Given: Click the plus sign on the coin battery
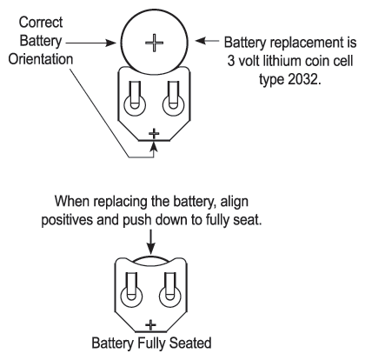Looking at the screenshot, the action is [x=154, y=43].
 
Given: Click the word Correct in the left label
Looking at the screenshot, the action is [x=41, y=23].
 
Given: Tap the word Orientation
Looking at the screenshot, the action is [x=41, y=59].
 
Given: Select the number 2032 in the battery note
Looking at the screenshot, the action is [x=304, y=79].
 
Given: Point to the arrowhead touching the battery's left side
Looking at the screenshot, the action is [x=111, y=43].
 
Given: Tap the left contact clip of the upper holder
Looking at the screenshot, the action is [x=135, y=98].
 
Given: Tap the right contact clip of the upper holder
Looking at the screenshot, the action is [x=173, y=98].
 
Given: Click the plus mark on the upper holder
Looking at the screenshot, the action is [x=154, y=133].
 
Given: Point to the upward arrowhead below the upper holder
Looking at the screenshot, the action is [x=154, y=146].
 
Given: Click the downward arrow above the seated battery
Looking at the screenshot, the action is [x=151, y=242].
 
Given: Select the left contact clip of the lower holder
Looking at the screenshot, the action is [x=131, y=290].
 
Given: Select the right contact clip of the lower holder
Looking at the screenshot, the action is [x=170, y=290].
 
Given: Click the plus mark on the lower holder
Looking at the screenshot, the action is [x=150, y=324].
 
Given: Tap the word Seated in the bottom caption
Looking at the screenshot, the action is [x=190, y=343].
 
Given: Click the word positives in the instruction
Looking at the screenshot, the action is [x=67, y=220].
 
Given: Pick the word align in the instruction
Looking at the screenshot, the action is [x=235, y=202].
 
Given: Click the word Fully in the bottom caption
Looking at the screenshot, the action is [x=152, y=343].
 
